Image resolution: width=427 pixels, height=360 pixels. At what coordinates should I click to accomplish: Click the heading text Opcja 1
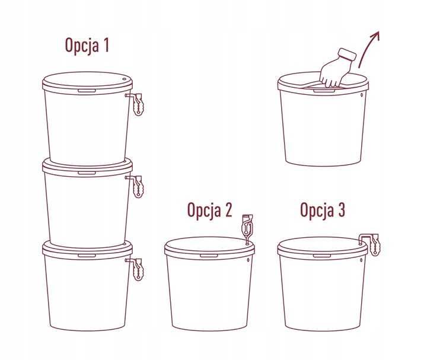(87, 45)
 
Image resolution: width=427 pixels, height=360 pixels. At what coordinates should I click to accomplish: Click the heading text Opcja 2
(210, 210)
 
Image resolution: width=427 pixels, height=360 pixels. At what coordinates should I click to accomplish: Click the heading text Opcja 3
(323, 210)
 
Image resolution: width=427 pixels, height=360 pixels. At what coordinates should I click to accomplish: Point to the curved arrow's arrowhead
(375, 36)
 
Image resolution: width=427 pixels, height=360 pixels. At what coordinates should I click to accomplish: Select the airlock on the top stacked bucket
(137, 104)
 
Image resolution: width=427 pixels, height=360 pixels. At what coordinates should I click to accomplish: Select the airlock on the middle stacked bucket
(137, 186)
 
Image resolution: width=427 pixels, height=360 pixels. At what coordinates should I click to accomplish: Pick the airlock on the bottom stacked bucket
(137, 269)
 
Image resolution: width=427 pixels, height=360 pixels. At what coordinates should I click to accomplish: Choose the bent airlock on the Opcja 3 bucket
(371, 244)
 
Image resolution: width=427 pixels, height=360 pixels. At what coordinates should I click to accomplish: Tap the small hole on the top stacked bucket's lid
(125, 79)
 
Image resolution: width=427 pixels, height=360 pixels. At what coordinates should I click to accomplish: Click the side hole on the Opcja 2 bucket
(248, 260)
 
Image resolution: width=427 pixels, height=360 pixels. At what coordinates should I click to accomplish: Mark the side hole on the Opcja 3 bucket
(361, 260)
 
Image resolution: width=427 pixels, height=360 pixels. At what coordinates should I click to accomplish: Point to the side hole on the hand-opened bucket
(362, 95)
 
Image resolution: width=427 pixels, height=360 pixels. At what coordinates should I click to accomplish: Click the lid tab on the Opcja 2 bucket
(209, 256)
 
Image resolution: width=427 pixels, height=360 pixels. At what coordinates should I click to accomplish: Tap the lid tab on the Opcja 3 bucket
(322, 256)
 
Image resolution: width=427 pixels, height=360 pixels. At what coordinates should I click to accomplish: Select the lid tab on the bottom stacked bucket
(87, 256)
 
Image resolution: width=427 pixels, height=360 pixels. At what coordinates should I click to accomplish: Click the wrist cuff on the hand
(347, 55)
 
